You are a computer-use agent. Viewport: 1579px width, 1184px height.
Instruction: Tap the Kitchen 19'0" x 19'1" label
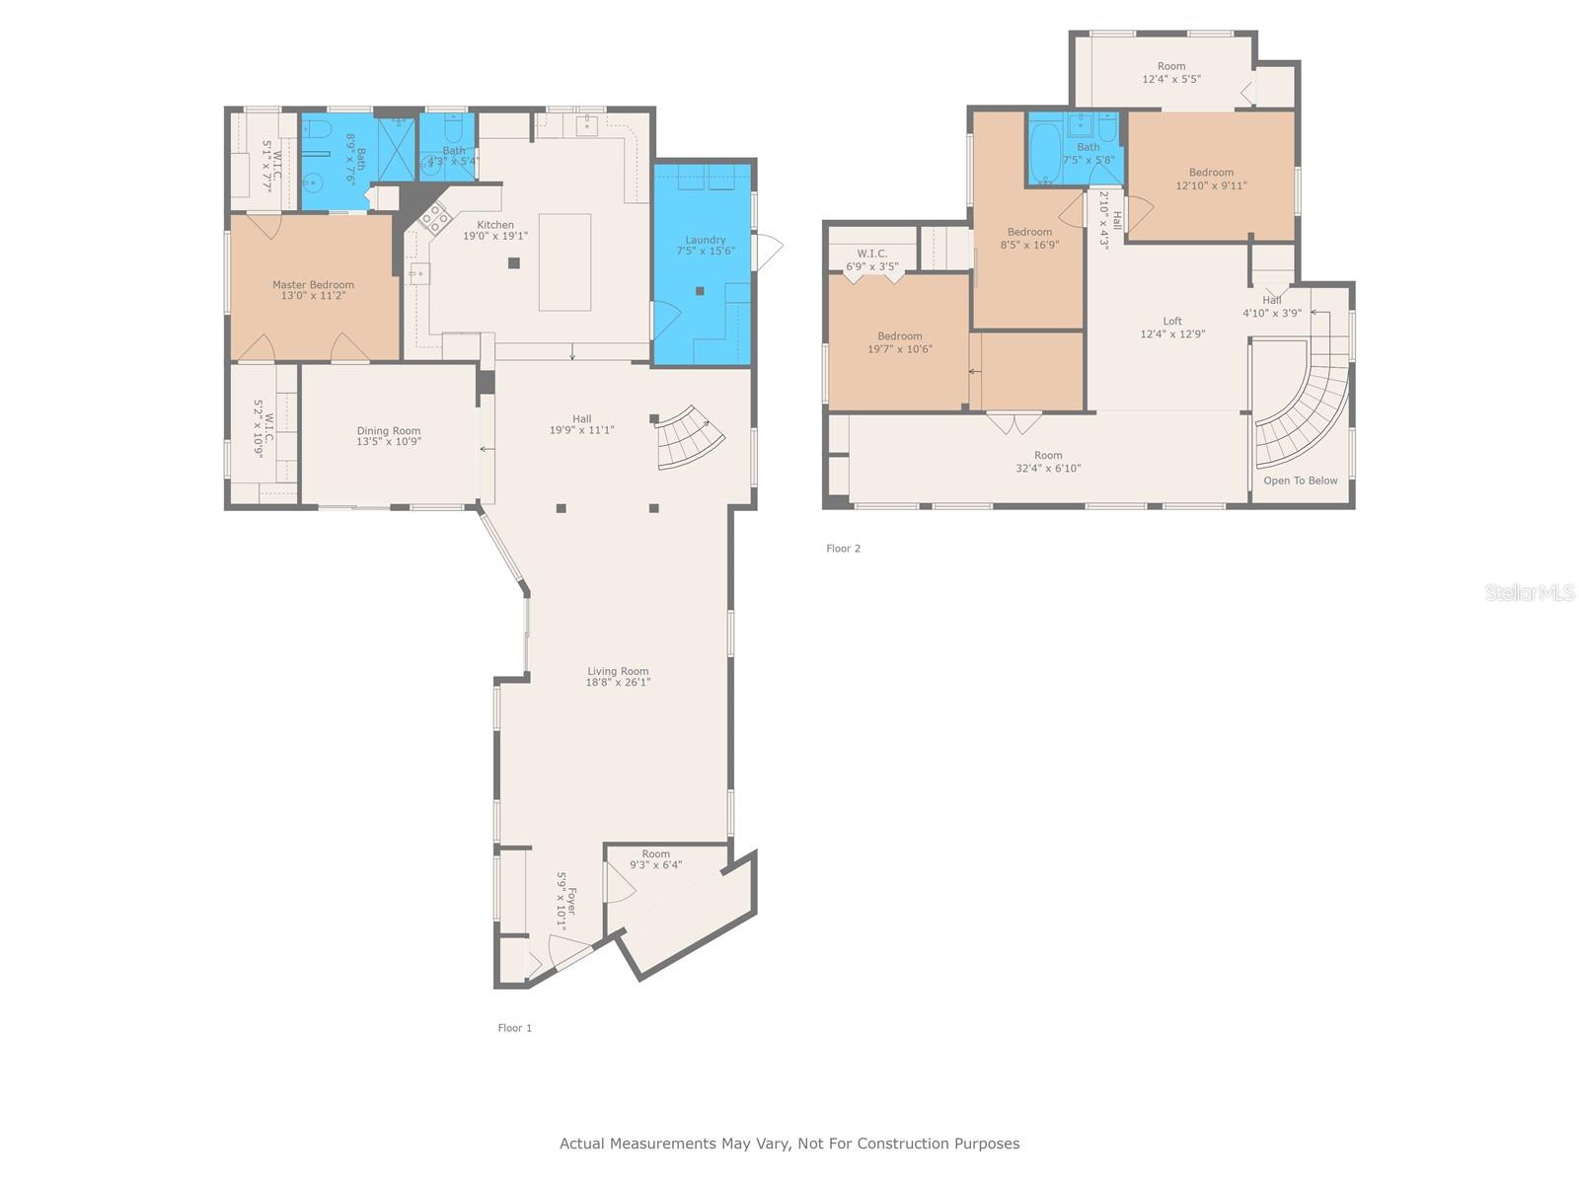[495, 231]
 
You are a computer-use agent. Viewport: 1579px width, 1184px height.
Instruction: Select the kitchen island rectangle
[564, 262]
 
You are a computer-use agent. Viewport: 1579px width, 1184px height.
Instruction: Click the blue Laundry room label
[706, 246]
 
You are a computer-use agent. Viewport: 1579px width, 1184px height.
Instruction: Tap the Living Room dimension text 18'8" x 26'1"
[618, 683]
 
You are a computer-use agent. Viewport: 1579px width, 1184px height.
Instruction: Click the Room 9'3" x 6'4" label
[655, 859]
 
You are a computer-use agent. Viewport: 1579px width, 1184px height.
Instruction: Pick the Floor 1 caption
[514, 1028]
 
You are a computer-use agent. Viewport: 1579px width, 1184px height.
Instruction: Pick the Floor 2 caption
[843, 549]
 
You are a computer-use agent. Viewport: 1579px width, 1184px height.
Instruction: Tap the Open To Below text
[1300, 481]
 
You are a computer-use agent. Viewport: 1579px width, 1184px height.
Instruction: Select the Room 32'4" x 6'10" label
[1048, 462]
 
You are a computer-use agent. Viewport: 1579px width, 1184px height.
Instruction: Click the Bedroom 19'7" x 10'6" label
[899, 342]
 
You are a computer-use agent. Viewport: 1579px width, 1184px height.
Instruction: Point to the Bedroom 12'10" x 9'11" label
[1211, 179]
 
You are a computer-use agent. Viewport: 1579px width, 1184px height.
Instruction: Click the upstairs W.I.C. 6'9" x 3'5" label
[872, 259]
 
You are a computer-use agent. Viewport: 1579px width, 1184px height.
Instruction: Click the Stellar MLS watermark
[1529, 592]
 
